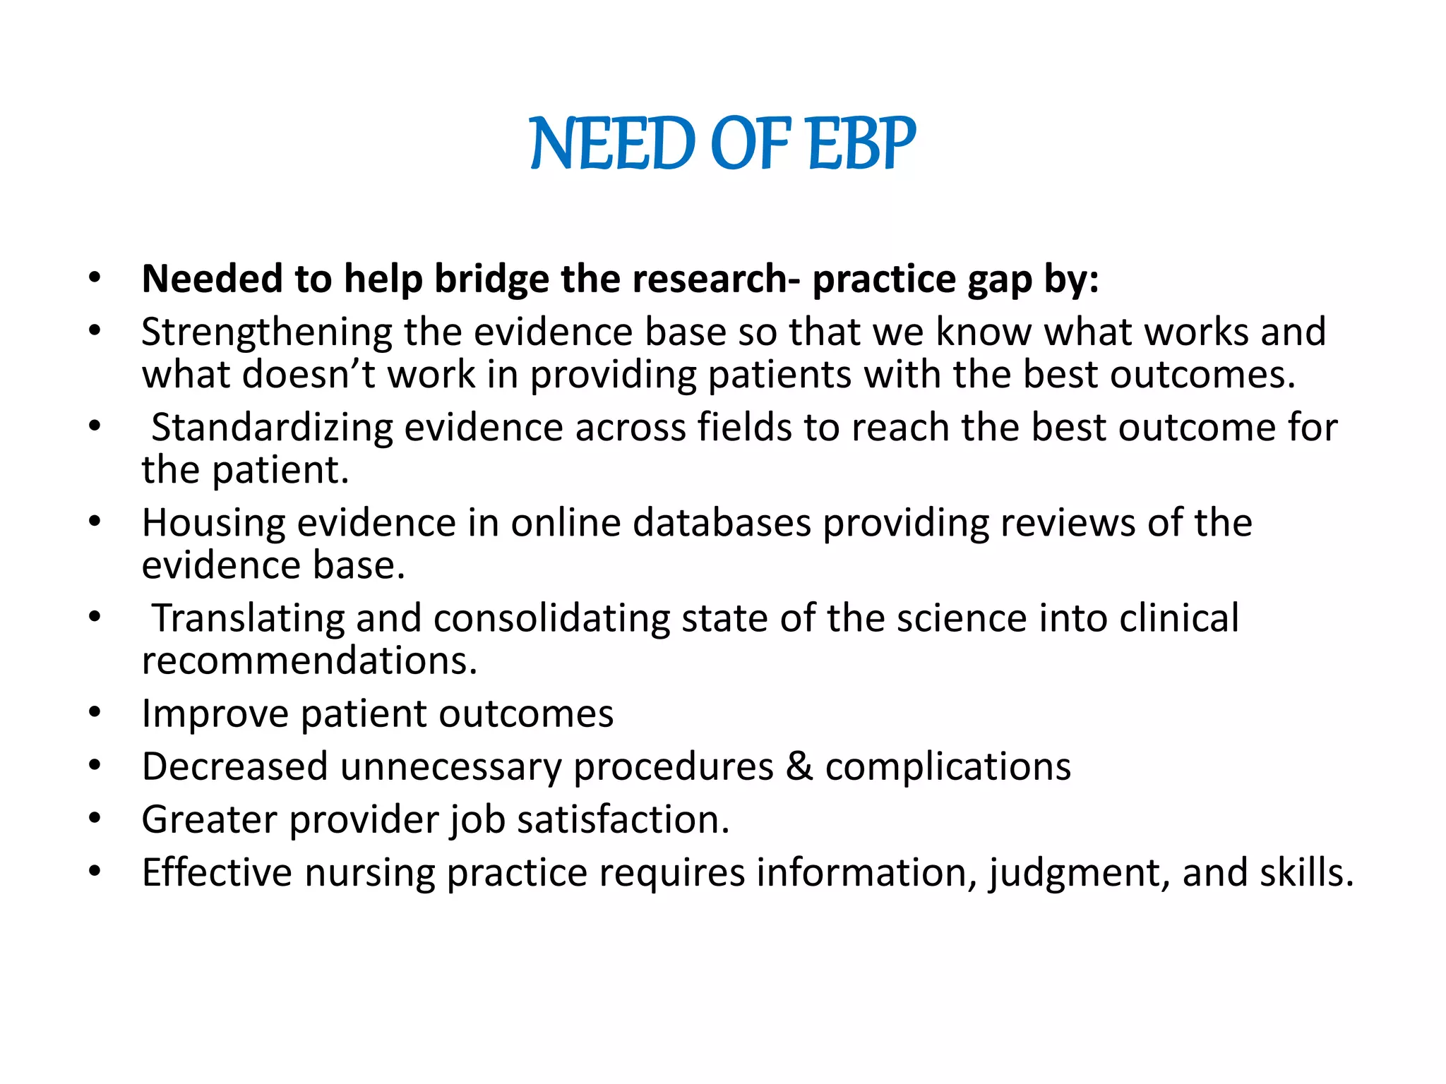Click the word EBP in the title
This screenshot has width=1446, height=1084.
tap(861, 144)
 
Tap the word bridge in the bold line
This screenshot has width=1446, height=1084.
tap(491, 279)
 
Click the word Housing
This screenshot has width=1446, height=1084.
tap(213, 524)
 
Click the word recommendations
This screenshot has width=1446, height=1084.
tap(309, 661)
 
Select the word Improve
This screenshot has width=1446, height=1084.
tap(215, 714)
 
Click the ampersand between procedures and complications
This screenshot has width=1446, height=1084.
tap(799, 766)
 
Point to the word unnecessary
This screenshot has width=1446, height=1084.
tap(450, 767)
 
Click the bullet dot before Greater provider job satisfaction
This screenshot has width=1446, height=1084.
tap(95, 819)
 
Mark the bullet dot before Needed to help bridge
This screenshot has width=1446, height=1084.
tap(95, 278)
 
